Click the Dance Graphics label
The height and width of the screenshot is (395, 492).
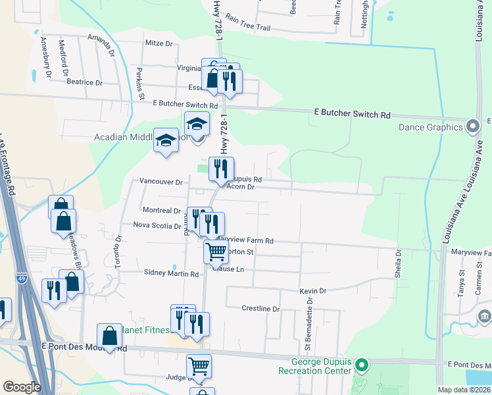[430, 126]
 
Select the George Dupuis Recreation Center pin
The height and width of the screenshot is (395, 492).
[360, 365]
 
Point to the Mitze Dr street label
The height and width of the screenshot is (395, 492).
[159, 44]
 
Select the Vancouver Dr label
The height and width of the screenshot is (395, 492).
[160, 181]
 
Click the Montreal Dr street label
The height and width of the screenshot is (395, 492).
[162, 211]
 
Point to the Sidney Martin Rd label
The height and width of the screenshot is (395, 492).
[171, 273]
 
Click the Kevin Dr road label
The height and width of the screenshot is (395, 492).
[312, 291]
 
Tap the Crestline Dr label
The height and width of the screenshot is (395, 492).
[260, 309]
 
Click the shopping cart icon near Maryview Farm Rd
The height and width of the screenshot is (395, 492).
[216, 251]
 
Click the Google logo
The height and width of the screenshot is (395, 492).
[22, 387]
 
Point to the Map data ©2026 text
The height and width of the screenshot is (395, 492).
[464, 390]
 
